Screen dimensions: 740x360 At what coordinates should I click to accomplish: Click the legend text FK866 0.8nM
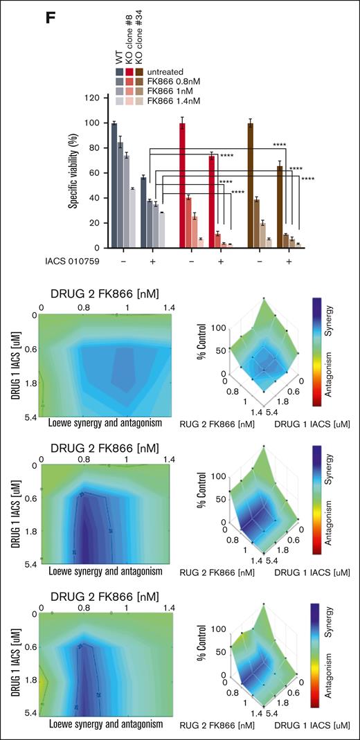[x=168, y=80]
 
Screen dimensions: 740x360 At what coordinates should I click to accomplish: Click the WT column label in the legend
[x=121, y=53]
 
